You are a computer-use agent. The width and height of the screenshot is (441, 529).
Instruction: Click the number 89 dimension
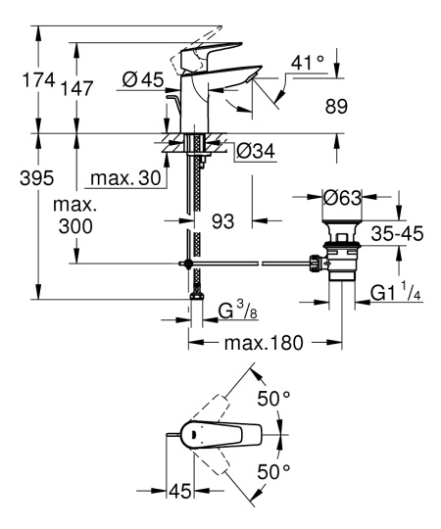click(x=335, y=111)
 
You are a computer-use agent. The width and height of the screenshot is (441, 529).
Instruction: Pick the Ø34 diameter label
click(x=255, y=150)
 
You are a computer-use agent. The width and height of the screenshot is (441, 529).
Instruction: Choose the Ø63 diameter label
click(x=343, y=198)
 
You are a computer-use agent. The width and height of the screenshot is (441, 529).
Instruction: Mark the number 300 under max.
click(x=74, y=226)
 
